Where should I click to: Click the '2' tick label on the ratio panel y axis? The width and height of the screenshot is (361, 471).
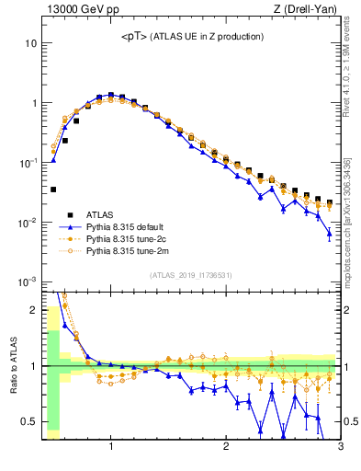pos(34,310)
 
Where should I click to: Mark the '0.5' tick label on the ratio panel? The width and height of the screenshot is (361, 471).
pos(30,422)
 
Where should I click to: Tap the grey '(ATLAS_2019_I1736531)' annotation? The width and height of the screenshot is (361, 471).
pos(190,274)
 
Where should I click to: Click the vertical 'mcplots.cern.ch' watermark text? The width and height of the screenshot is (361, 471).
pos(350,221)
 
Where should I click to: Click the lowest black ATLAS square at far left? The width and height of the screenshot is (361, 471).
pos(53,190)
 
